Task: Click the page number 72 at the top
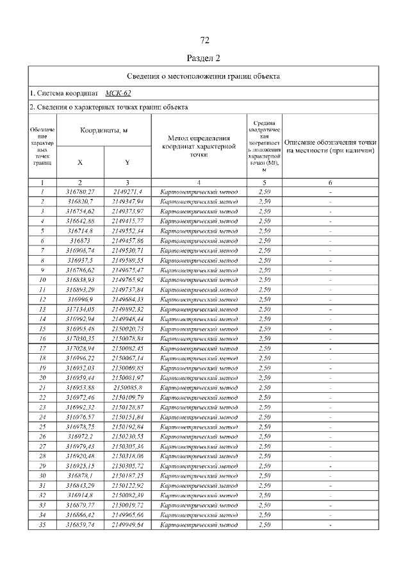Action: coord(204,41)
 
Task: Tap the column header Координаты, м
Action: coord(104,130)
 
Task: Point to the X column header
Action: coord(80,162)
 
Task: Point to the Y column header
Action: coord(127,162)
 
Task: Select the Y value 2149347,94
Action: coord(127,201)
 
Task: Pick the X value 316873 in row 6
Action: coord(80,240)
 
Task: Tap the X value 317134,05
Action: coord(80,309)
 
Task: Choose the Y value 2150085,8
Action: coord(127,388)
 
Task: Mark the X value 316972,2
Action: coord(80,436)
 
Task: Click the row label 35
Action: coord(42,525)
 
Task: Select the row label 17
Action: coord(42,348)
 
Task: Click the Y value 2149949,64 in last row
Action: coord(127,525)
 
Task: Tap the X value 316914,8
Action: coord(80,495)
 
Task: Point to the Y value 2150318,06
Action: coord(127,456)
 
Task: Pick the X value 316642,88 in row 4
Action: coord(80,220)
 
